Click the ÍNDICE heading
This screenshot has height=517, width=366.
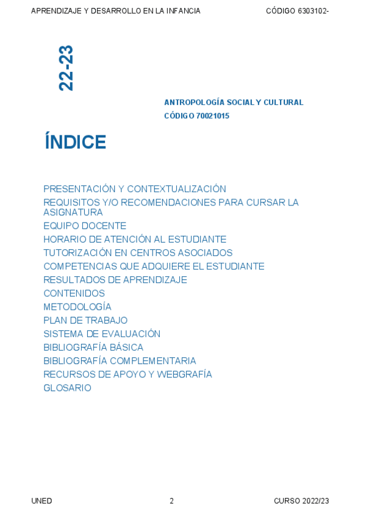pyautogui.click(x=75, y=142)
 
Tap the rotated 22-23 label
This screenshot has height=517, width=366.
pyautogui.click(x=66, y=68)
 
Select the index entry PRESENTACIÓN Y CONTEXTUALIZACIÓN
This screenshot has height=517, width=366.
pyautogui.click(x=134, y=189)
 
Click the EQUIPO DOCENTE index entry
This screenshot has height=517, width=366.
pyautogui.click(x=85, y=226)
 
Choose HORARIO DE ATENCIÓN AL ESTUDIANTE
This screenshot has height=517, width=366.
pyautogui.click(x=134, y=240)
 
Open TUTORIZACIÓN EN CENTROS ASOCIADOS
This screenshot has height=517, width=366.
pyautogui.click(x=138, y=253)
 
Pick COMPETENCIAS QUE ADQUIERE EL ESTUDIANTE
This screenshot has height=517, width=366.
pyautogui.click(x=154, y=266)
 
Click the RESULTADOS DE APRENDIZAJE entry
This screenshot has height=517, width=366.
pyautogui.click(x=115, y=280)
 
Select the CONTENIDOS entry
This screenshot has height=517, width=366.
pyautogui.click(x=74, y=293)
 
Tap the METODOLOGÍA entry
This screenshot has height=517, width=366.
pyautogui.click(x=77, y=307)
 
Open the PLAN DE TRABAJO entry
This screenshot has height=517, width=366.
pyautogui.click(x=85, y=320)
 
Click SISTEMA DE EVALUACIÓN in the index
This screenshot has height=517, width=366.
pyautogui.click(x=102, y=334)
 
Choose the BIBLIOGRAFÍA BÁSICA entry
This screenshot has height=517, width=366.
pyautogui.click(x=93, y=348)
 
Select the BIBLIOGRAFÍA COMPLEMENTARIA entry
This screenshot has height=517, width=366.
pyautogui.click(x=120, y=361)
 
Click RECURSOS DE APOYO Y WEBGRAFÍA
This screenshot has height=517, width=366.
pyautogui.click(x=127, y=374)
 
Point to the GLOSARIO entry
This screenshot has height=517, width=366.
pyautogui.click(x=67, y=388)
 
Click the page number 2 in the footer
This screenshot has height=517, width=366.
pyautogui.click(x=171, y=501)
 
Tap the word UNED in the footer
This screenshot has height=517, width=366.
pyautogui.click(x=41, y=501)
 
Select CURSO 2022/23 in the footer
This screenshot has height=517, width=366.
pyautogui.click(x=301, y=501)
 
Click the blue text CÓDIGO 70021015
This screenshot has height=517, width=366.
pyautogui.click(x=196, y=116)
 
